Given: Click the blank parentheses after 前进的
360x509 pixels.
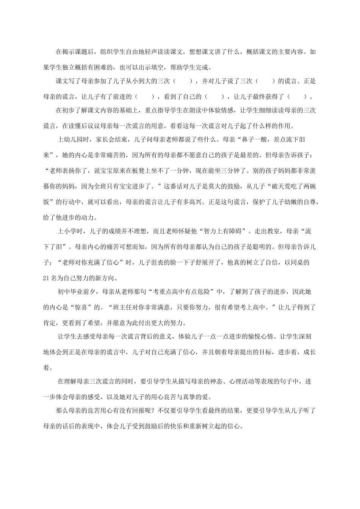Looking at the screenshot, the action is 144,97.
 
